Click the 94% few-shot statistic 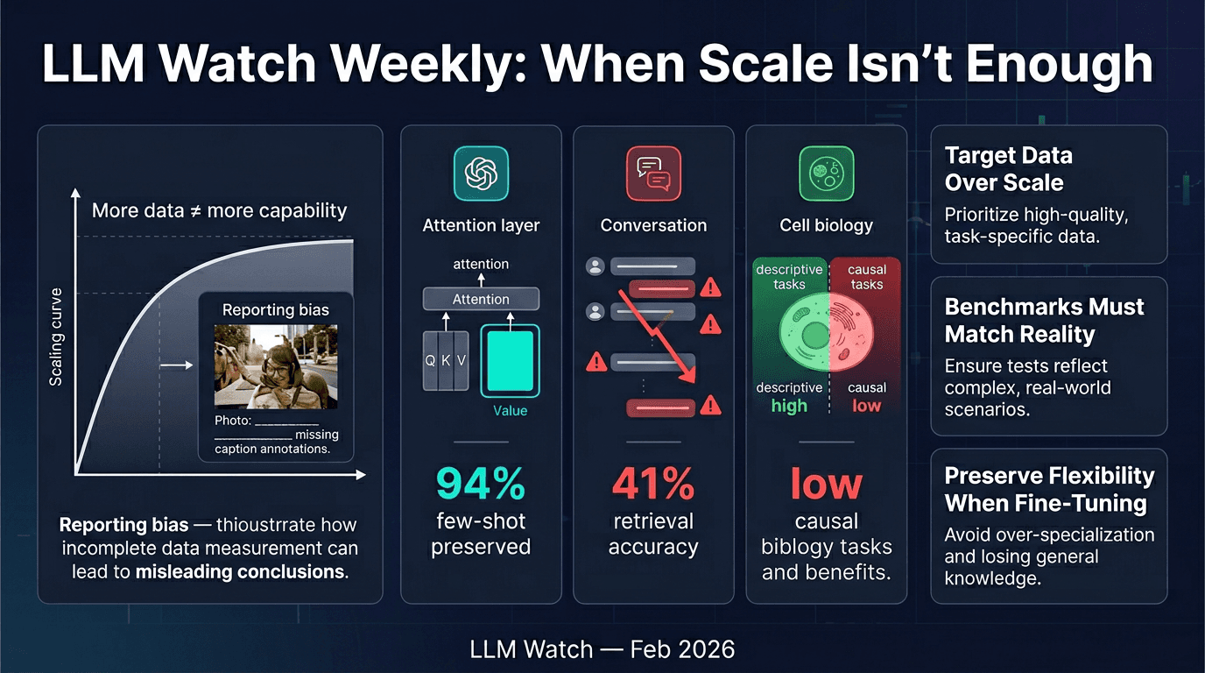click(x=480, y=483)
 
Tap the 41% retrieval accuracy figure click(x=652, y=483)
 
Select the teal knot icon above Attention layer click(x=481, y=173)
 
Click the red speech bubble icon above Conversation click(x=653, y=173)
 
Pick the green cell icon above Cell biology click(x=826, y=173)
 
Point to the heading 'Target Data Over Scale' click(x=1008, y=169)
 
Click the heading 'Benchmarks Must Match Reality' click(x=1044, y=320)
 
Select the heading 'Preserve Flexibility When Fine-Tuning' click(x=1048, y=489)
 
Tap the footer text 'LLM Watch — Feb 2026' click(x=602, y=649)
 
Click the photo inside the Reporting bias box click(x=276, y=366)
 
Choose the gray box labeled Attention click(x=481, y=300)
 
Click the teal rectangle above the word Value click(x=510, y=360)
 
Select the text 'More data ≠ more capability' click(x=219, y=210)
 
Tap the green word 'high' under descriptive click(x=788, y=406)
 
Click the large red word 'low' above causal click(x=825, y=483)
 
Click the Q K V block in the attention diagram click(x=446, y=360)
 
